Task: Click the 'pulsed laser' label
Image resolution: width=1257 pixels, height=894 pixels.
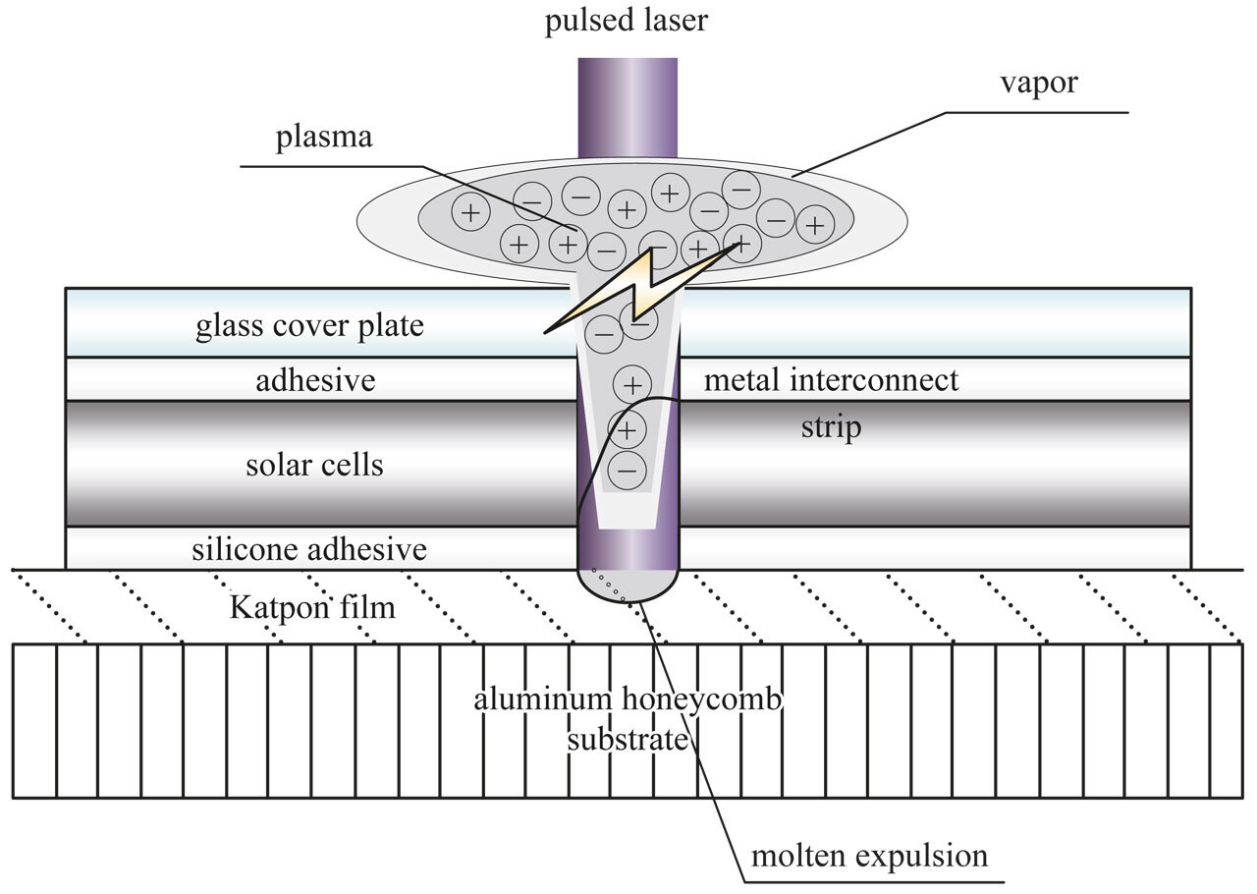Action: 627,21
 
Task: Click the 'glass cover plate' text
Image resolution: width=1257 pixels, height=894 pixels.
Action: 309,325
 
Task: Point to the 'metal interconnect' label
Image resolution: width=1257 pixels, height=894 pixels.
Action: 831,379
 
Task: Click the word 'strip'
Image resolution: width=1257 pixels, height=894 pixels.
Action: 831,427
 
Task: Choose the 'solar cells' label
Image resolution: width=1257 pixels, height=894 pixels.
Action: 314,464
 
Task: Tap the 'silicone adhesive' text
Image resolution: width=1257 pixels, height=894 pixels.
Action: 310,548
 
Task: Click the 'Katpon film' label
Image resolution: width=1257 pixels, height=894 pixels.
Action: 312,608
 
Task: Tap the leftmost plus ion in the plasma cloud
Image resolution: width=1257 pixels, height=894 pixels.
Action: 470,211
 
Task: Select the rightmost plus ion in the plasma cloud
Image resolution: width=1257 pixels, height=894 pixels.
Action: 814,227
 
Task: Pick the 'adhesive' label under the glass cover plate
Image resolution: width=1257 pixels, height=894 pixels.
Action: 315,379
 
